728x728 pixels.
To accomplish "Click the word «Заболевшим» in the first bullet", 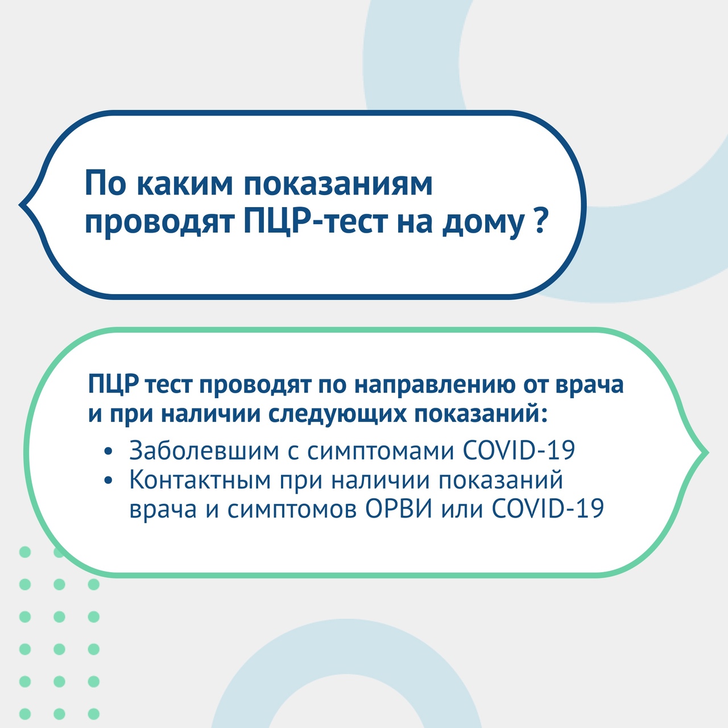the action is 204,450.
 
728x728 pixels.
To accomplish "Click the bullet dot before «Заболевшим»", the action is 109,452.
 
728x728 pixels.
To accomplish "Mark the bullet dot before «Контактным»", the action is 109,481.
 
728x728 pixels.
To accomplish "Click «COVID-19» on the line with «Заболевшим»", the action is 519,450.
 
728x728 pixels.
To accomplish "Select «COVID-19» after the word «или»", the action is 548,508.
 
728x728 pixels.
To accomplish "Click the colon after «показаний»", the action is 544,415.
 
